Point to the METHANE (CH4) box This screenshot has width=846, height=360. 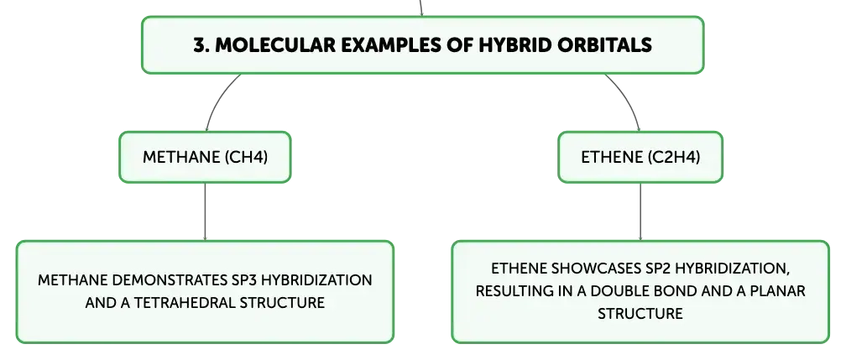tap(205, 157)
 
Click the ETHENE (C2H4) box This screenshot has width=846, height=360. tap(640, 157)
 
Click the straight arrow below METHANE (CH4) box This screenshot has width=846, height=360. tap(205, 211)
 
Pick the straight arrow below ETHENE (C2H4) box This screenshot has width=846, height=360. tap(640, 211)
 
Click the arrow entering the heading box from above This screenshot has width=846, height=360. tap(420, 8)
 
